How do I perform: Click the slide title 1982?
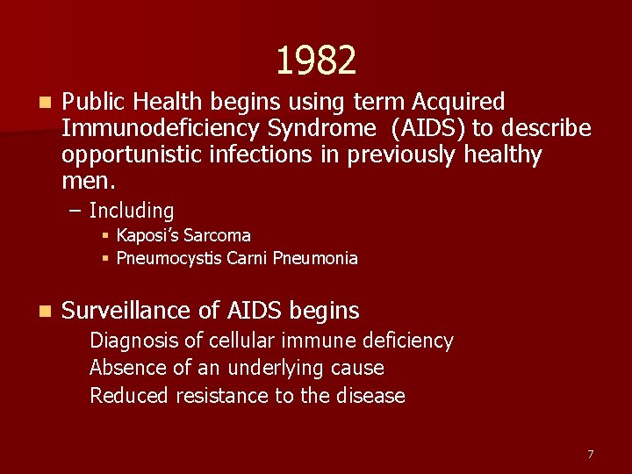tap(316, 61)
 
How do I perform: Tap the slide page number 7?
tap(590, 454)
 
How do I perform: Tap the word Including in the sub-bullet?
tap(132, 211)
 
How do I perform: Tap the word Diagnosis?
tap(132, 341)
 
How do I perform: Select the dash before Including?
tap(75, 211)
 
